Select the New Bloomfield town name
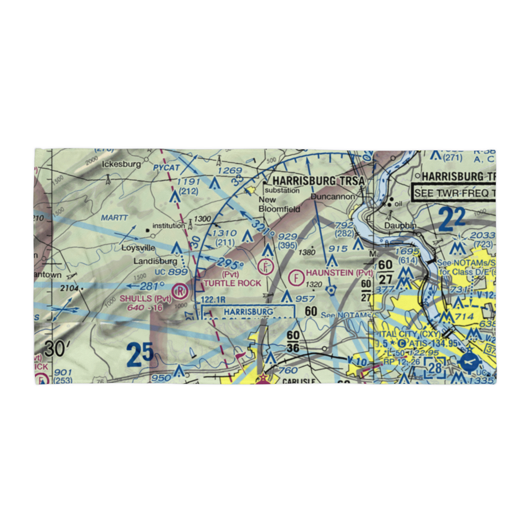(279, 204)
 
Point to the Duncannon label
(333, 196)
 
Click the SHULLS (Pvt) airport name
(145, 298)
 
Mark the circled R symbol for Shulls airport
(181, 291)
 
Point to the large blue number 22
(452, 218)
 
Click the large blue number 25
(140, 355)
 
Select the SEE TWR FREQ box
(454, 192)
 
